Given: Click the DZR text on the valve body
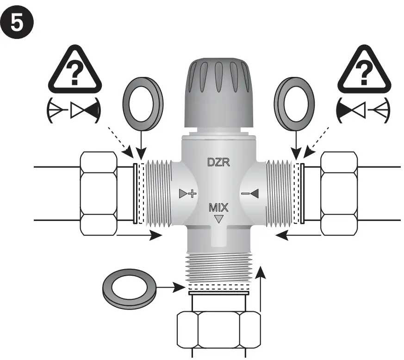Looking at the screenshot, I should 218,163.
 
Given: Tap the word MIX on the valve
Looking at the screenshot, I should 218,206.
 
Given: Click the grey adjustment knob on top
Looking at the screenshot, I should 218,93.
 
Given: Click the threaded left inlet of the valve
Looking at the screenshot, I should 158,193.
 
